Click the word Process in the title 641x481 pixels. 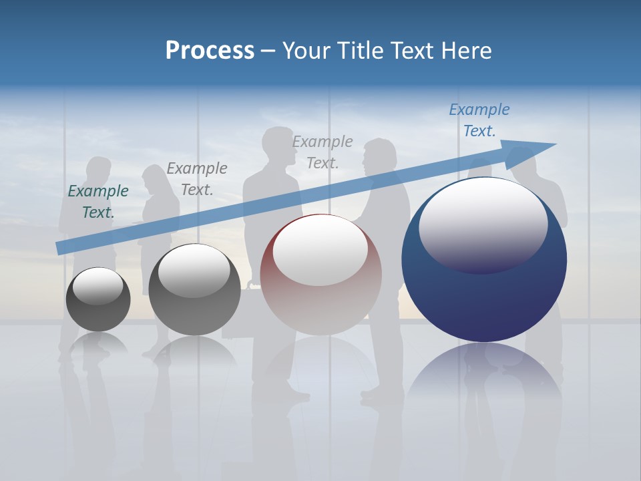[210, 51]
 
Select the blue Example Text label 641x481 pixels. [479, 120]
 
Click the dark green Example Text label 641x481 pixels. [98, 201]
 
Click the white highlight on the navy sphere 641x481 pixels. [483, 224]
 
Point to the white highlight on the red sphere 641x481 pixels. [320, 249]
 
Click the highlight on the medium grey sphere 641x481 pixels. [194, 271]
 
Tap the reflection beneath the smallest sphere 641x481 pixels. [98, 344]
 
